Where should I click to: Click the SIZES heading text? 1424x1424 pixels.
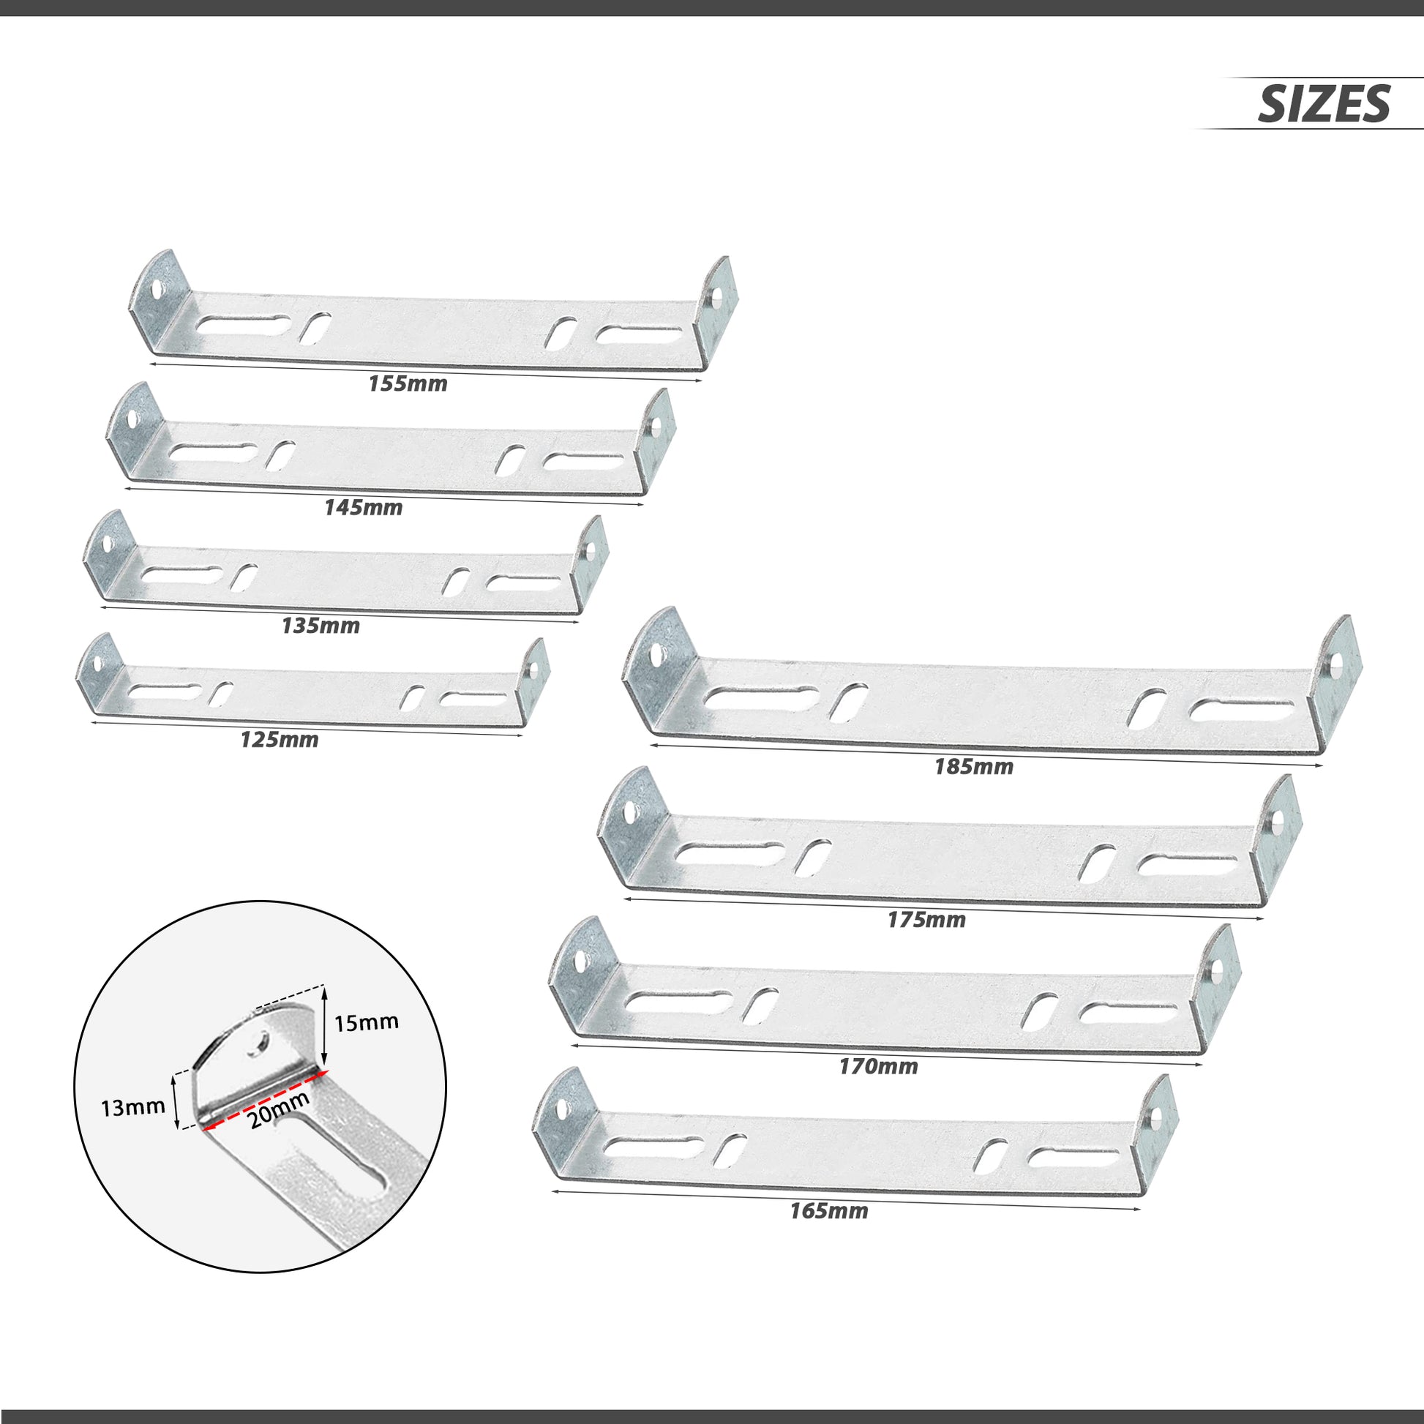click(1324, 104)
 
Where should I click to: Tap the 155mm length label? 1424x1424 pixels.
click(408, 384)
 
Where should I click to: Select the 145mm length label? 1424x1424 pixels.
click(364, 508)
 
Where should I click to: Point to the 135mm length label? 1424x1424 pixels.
click(321, 626)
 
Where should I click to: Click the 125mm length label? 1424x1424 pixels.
click(280, 740)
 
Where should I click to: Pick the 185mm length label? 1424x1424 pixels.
click(974, 768)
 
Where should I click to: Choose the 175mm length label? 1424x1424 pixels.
click(926, 920)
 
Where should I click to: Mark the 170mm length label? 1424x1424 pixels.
click(878, 1066)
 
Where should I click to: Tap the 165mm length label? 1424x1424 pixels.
click(829, 1211)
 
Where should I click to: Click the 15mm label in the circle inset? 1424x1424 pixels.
click(367, 1022)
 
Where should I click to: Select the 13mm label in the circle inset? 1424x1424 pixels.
click(132, 1108)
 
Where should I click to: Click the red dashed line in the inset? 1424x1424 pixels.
click(266, 1098)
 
